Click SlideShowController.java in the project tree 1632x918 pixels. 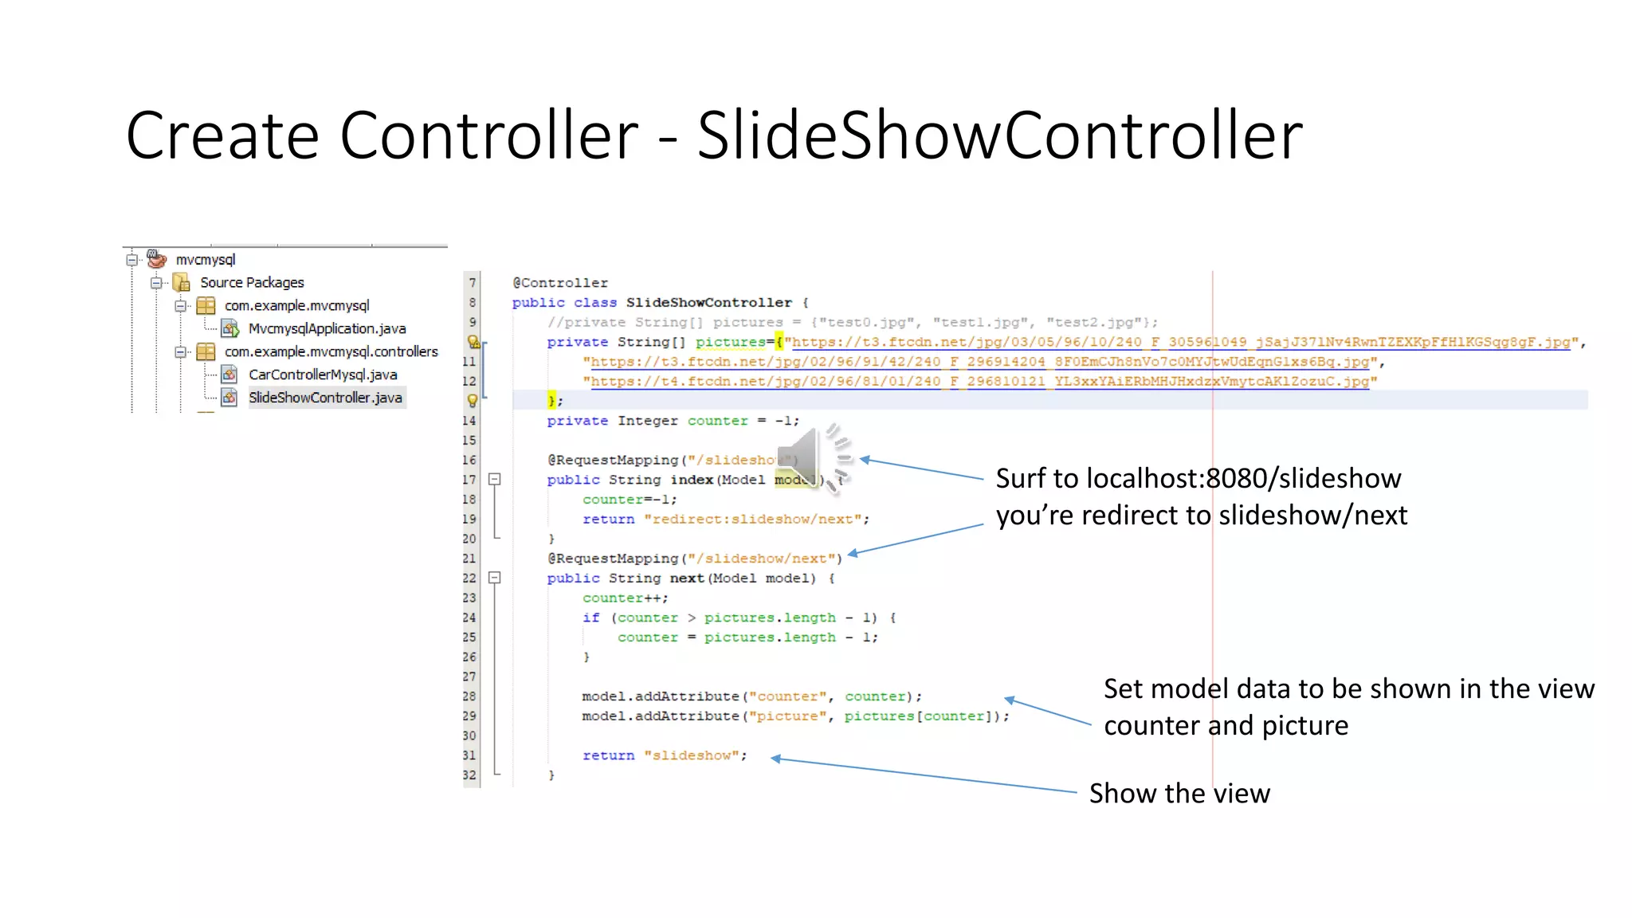click(325, 398)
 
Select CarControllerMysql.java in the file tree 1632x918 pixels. click(323, 375)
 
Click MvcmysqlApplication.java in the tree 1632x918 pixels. click(327, 328)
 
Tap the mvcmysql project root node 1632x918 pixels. click(206, 260)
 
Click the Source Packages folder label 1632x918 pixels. click(252, 283)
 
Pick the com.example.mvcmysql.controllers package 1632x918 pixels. click(331, 351)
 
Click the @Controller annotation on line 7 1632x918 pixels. click(559, 283)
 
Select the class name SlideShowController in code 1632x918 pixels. click(708, 303)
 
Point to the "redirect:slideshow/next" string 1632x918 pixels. click(756, 520)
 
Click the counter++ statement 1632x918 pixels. click(625, 598)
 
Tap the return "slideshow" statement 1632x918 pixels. click(665, 755)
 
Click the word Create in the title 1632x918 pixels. click(222, 135)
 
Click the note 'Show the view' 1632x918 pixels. click(1179, 794)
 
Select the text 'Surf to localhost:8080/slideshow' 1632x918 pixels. click(1198, 478)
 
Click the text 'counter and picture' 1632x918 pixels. click(1226, 726)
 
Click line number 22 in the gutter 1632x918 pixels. click(469, 579)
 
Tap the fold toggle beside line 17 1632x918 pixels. click(495, 480)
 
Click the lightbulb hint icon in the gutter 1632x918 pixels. click(473, 401)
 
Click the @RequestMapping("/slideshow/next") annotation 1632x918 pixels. click(694, 559)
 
